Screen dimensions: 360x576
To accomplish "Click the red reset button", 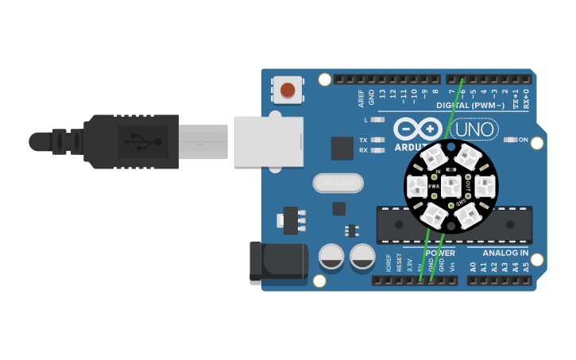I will click(288, 89).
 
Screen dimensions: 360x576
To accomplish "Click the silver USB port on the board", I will click(269, 142).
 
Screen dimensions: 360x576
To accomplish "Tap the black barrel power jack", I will click(278, 263).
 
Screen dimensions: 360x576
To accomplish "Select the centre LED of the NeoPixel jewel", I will click(450, 187).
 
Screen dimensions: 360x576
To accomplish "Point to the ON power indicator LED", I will click(511, 140).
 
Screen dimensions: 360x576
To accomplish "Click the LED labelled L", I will click(378, 119).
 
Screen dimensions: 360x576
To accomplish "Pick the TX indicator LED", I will click(378, 140).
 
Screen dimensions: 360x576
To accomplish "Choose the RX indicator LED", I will click(378, 149).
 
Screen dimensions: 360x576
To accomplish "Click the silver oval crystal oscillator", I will click(338, 183).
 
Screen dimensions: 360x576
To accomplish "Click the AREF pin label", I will click(361, 98).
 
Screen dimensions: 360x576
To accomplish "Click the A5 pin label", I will click(525, 267).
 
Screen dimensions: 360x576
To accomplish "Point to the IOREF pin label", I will click(389, 263).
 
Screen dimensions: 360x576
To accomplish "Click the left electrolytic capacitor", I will click(331, 256).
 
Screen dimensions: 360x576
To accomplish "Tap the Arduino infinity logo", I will click(416, 130).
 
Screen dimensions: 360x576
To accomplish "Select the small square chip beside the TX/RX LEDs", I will click(342, 148).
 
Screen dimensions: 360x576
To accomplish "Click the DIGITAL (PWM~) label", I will click(470, 105).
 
